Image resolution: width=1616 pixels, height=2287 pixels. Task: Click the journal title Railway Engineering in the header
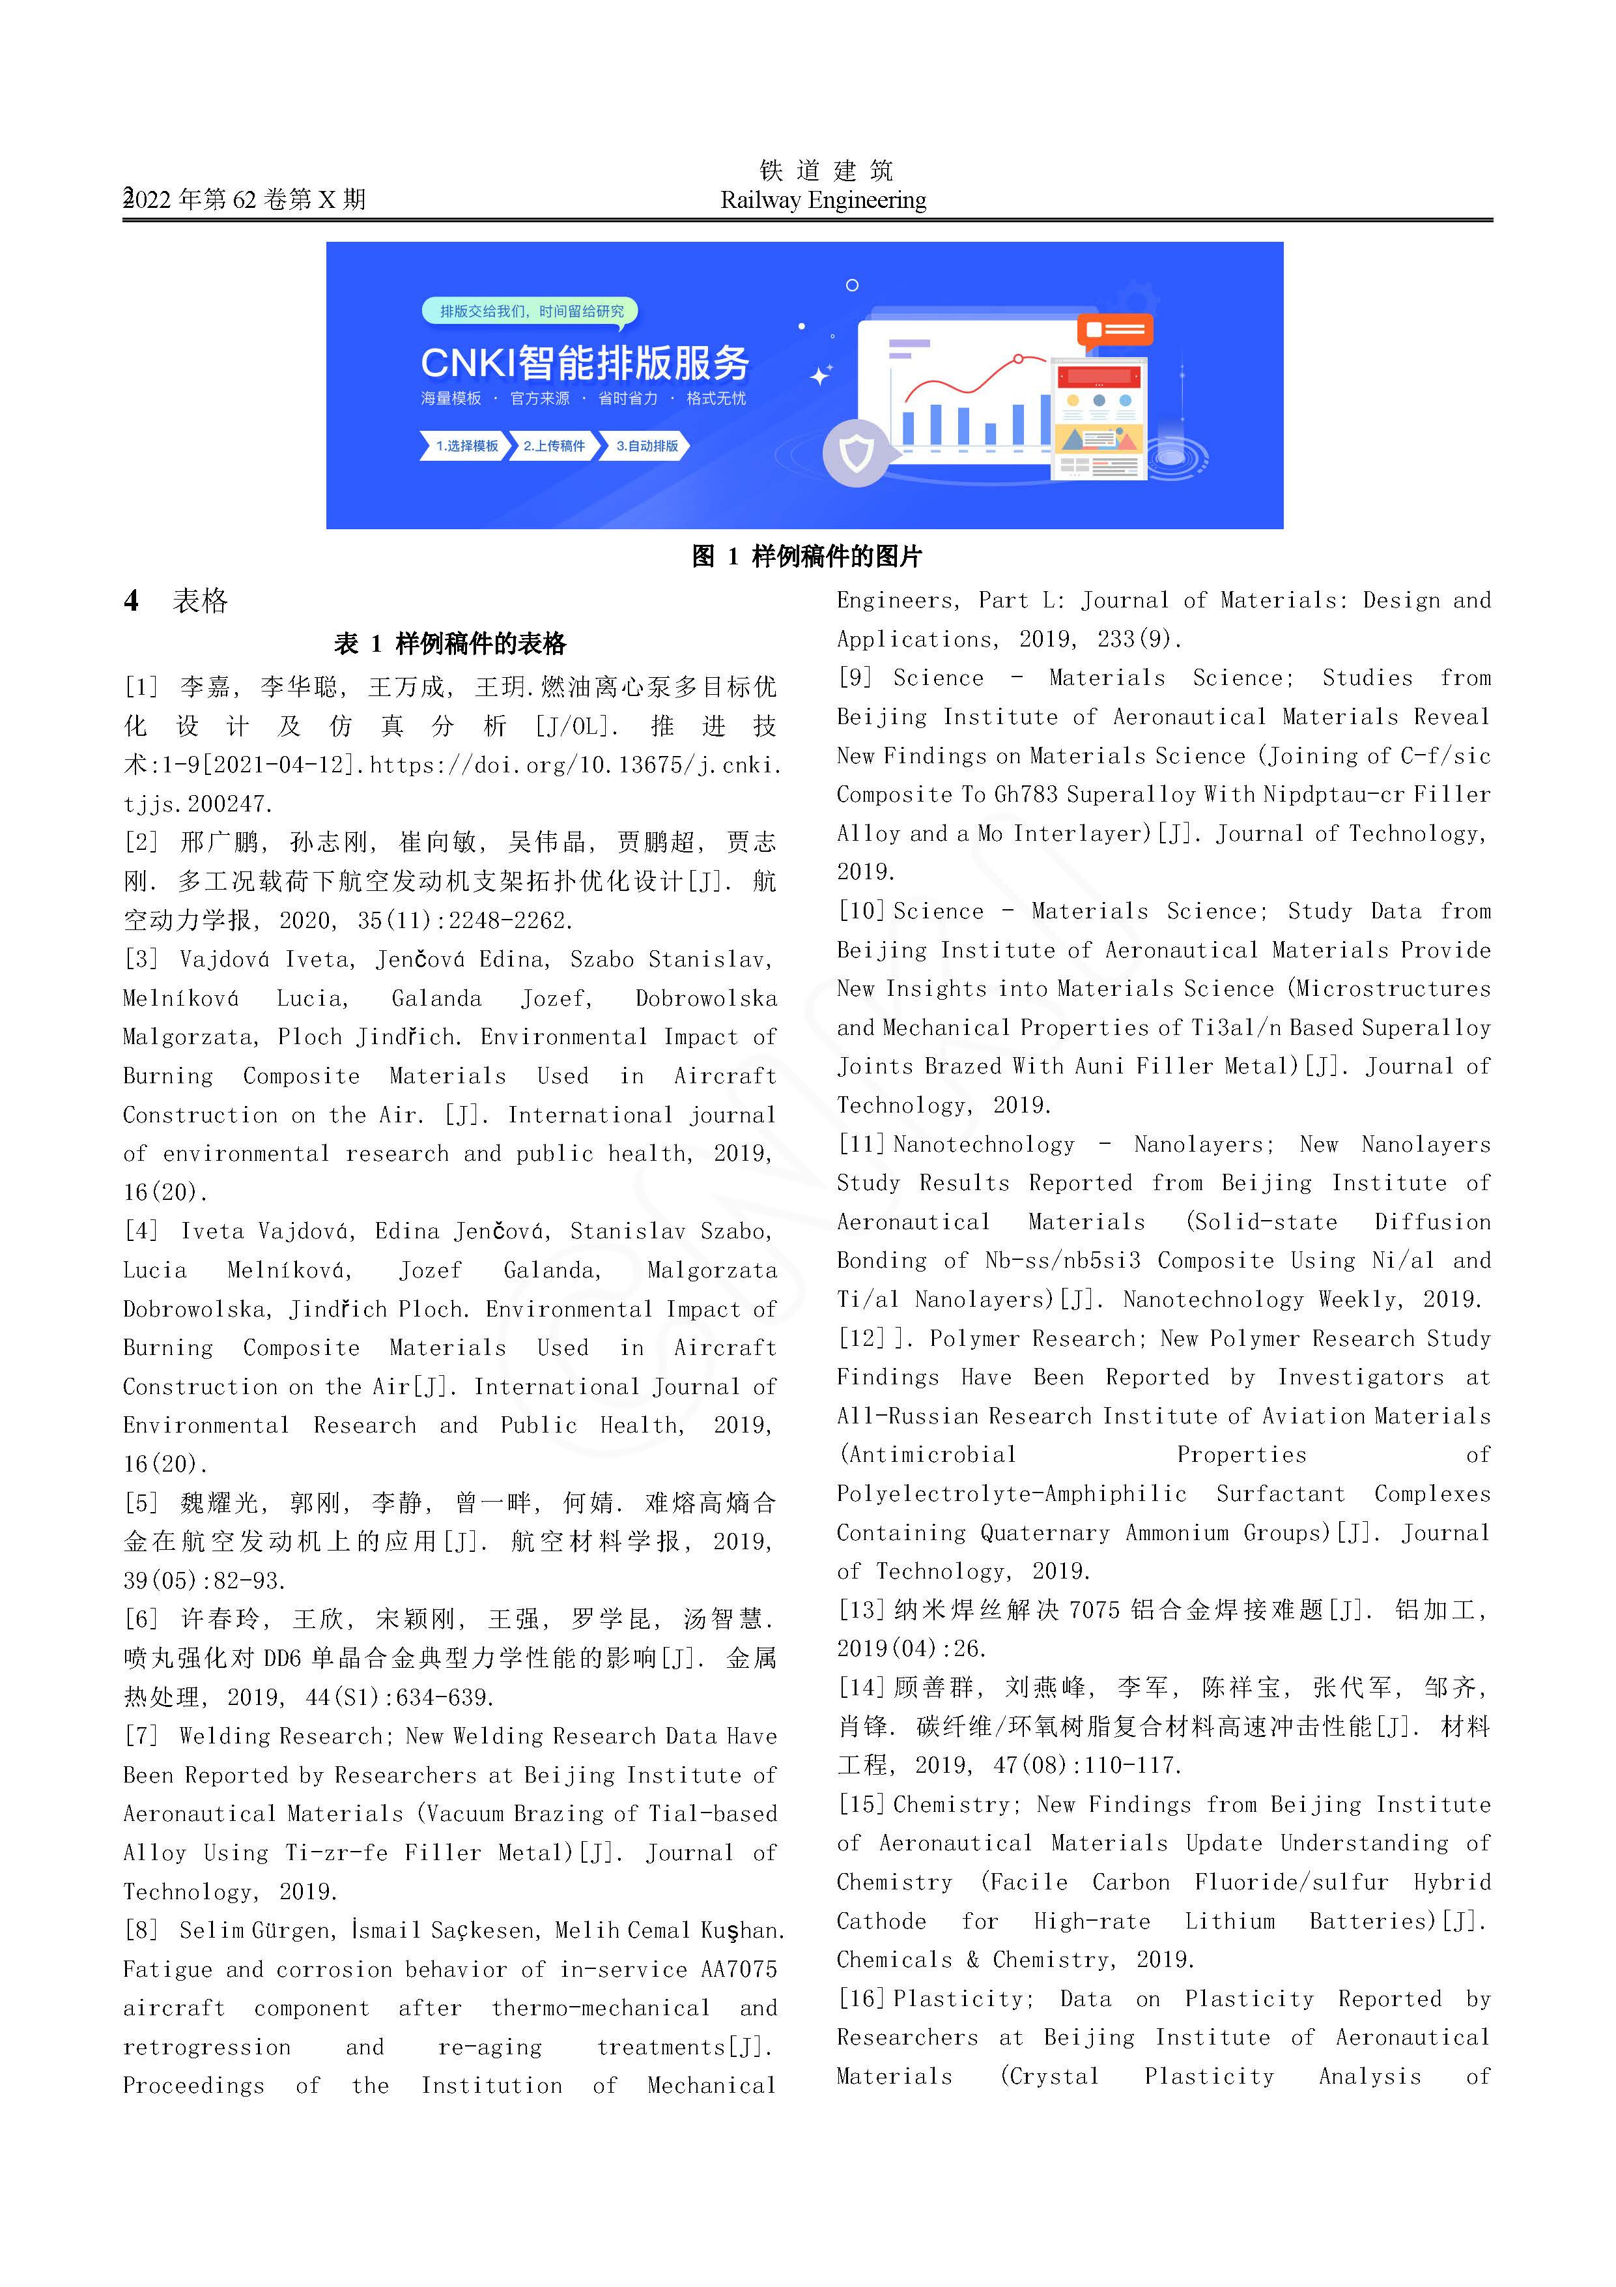pyautogui.click(x=823, y=200)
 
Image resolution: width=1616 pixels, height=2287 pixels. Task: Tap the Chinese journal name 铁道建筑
pyautogui.click(x=825, y=170)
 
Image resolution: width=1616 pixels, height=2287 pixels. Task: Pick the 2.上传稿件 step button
pyautogui.click(x=554, y=445)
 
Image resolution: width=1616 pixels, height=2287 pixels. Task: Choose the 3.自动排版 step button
pyautogui.click(x=646, y=445)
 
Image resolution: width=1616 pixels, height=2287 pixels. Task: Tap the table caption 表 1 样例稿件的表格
pyautogui.click(x=450, y=643)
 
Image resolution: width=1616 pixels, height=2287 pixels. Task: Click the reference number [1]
pyautogui.click(x=141, y=686)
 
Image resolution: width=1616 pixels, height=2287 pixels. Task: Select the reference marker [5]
pyautogui.click(x=141, y=1502)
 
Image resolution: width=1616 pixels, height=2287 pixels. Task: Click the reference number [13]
pyautogui.click(x=861, y=1610)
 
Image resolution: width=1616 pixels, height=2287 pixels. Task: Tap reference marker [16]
pyautogui.click(x=861, y=1998)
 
